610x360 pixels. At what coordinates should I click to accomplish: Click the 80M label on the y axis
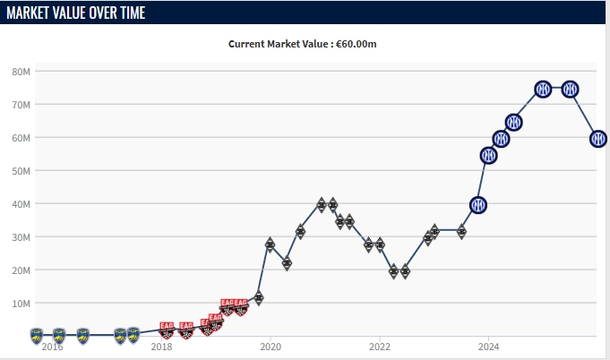[x=21, y=71]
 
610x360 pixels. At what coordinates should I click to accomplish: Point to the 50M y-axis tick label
[x=21, y=170]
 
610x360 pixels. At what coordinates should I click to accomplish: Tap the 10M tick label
[x=21, y=303]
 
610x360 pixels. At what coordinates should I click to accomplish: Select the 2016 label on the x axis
[x=52, y=346]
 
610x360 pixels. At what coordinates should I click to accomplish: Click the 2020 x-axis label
[x=271, y=346]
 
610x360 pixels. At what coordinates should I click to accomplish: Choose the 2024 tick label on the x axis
[x=488, y=346]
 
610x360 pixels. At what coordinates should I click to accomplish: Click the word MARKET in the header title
[x=33, y=13]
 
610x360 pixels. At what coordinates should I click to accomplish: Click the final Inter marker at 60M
[x=598, y=139]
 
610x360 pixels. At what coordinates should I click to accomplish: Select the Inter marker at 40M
[x=478, y=205]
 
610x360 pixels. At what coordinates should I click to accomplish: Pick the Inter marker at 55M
[x=489, y=155]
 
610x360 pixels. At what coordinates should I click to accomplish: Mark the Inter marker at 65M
[x=514, y=122]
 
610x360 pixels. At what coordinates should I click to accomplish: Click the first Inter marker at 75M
[x=542, y=89]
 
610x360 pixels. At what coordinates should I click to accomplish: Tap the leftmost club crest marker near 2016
[x=37, y=335]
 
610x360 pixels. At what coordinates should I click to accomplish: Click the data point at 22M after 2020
[x=287, y=263]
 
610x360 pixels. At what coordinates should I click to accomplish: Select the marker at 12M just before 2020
[x=258, y=297]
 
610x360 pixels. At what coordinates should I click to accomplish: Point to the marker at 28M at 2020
[x=270, y=244]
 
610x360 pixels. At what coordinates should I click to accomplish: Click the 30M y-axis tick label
[x=21, y=236]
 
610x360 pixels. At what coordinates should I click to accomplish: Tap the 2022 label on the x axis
[x=380, y=346]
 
